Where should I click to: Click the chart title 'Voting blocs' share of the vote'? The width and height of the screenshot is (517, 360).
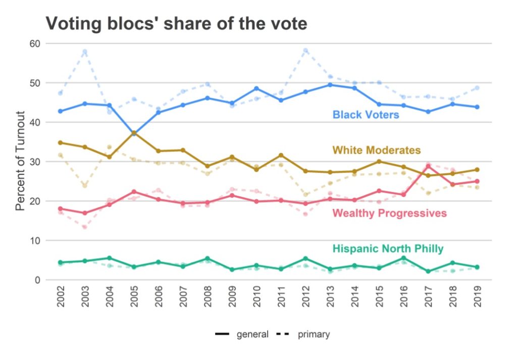tap(176, 23)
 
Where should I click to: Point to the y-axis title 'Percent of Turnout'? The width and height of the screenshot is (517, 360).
tap(20, 162)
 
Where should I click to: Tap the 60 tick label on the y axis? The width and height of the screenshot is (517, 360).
tap(34, 43)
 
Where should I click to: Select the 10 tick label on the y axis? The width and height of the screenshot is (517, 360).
tap(34, 240)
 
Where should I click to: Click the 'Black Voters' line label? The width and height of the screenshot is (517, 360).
tap(366, 115)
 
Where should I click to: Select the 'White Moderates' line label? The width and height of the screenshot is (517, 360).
tap(376, 150)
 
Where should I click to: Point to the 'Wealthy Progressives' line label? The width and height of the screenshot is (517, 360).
tap(389, 213)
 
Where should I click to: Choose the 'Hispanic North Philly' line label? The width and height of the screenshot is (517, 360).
tap(388, 248)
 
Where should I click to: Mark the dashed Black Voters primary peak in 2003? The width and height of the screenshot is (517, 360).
tap(85, 52)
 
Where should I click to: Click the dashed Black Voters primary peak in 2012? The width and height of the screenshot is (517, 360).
tap(305, 50)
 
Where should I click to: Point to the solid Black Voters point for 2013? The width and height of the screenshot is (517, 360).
tap(330, 85)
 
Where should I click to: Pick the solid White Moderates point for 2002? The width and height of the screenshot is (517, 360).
tap(61, 143)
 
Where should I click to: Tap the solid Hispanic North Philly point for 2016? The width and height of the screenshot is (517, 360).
tap(403, 258)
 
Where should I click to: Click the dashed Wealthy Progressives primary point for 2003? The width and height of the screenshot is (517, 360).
tap(85, 227)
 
